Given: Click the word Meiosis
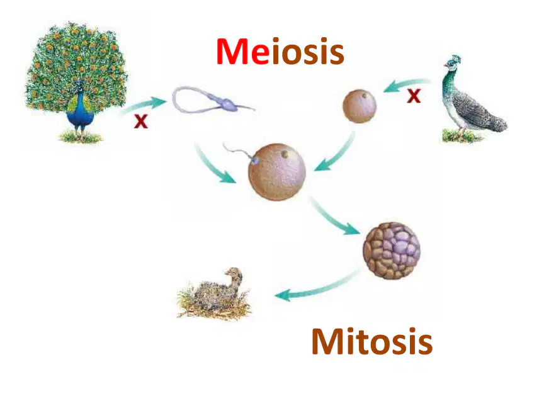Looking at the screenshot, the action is (x=280, y=52).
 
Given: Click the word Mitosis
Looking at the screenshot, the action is (x=372, y=341).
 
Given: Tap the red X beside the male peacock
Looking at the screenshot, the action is (x=141, y=122).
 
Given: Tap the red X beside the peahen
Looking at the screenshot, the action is (x=414, y=96).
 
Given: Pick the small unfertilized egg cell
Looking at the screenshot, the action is (x=360, y=106).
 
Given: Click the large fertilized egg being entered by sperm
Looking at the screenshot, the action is (x=277, y=172).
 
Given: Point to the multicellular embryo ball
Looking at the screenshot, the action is (x=392, y=251).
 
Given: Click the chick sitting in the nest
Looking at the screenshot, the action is (x=215, y=293).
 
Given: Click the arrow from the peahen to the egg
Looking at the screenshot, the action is (x=406, y=84).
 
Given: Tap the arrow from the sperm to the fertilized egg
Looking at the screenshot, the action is (x=212, y=166).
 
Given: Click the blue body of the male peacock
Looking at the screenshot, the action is (x=80, y=111).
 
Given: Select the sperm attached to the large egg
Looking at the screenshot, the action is (x=240, y=152).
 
